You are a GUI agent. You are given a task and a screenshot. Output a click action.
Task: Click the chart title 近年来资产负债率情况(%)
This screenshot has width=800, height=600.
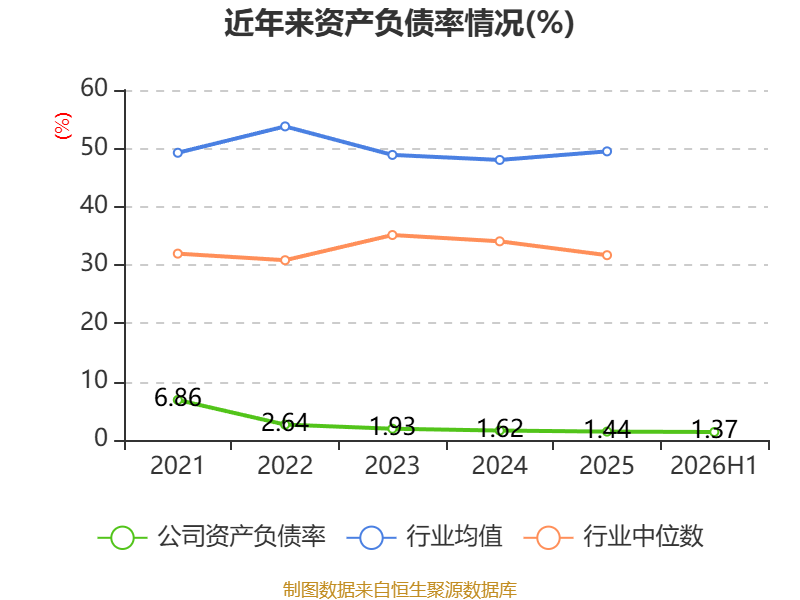pyautogui.click(x=399, y=23)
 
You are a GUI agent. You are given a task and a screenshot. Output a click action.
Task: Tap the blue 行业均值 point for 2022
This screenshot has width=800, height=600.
pyautogui.click(x=285, y=126)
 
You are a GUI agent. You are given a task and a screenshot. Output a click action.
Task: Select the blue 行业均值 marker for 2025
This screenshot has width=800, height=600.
pyautogui.click(x=607, y=152)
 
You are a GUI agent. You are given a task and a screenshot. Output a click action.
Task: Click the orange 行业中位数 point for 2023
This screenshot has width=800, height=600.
pyautogui.click(x=392, y=235)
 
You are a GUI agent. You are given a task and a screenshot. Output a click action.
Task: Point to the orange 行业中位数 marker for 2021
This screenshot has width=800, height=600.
pyautogui.click(x=178, y=254)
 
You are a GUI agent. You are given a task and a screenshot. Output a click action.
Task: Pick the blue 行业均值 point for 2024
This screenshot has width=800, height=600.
pyautogui.click(x=500, y=160)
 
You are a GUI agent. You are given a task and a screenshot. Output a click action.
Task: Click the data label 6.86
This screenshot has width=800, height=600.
pyautogui.click(x=178, y=397)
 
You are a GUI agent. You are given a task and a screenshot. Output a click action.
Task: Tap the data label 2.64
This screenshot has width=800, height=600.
pyautogui.click(x=285, y=422)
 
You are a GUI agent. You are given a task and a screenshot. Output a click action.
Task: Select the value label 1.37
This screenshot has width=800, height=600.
pyautogui.click(x=714, y=429)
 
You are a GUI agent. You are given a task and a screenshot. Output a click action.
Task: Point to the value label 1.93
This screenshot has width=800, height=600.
pyautogui.click(x=392, y=426)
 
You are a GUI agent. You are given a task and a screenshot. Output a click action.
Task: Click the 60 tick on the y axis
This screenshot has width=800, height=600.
pyautogui.click(x=94, y=88)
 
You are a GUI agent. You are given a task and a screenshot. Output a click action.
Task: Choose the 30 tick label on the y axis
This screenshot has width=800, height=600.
pyautogui.click(x=94, y=263)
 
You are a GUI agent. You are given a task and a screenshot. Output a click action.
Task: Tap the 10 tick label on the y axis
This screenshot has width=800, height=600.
pyautogui.click(x=94, y=381)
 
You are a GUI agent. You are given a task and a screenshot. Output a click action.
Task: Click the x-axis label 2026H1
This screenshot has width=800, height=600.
pyautogui.click(x=713, y=465)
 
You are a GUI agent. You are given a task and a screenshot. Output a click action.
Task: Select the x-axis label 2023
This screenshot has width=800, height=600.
pyautogui.click(x=392, y=465)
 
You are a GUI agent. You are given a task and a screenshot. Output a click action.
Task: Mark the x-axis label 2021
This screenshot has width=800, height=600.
pyautogui.click(x=177, y=465)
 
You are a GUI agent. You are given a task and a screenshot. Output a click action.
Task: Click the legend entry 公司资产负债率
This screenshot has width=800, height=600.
pyautogui.click(x=212, y=537)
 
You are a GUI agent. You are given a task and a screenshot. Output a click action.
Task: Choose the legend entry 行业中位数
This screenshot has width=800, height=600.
pyautogui.click(x=614, y=537)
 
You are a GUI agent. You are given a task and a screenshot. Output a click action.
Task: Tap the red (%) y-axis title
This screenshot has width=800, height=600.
pyautogui.click(x=63, y=126)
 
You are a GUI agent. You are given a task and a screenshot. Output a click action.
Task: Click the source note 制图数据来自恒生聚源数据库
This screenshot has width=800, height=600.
pyautogui.click(x=399, y=590)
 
